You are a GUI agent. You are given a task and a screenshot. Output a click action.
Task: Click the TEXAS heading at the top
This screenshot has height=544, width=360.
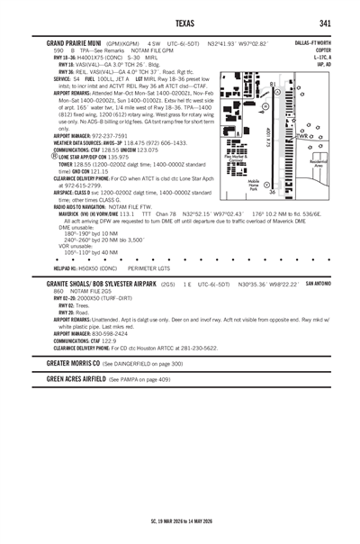point(179,22)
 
